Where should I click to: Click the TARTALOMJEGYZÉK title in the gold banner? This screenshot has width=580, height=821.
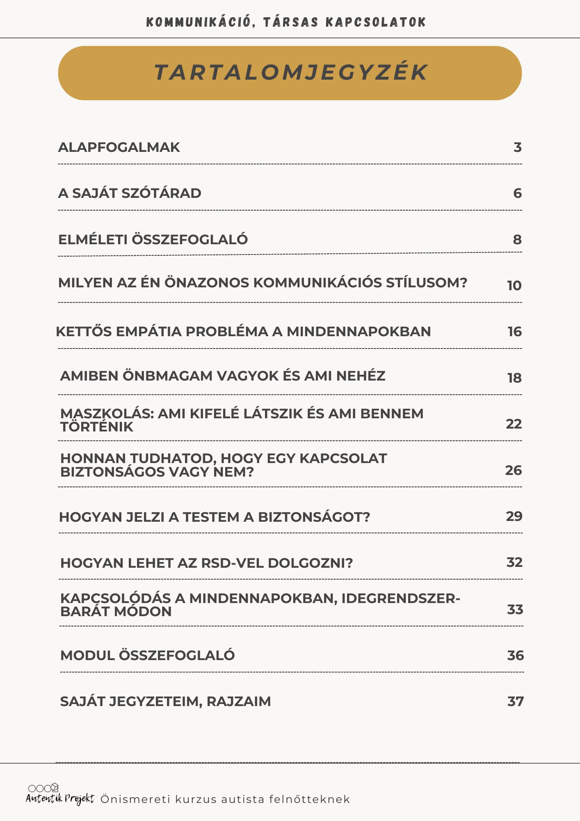(290, 73)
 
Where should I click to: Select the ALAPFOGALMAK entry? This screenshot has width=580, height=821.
(119, 147)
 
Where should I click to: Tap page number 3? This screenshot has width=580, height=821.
(517, 147)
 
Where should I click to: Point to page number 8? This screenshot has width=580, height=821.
(517, 240)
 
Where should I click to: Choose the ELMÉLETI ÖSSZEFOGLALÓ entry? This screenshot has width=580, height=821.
(153, 240)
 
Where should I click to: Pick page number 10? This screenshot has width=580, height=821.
(514, 286)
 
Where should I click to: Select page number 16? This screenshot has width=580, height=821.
(514, 332)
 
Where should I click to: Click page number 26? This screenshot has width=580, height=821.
(513, 470)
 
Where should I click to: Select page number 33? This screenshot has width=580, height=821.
(515, 610)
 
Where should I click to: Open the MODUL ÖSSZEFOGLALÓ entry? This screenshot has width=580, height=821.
(147, 656)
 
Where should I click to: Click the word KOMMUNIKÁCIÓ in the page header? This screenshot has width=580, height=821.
(198, 22)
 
